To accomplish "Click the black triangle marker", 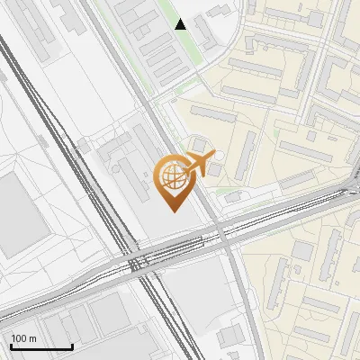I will point(181,23).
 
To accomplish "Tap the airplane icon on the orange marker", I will point(195,165).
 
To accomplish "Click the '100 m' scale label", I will point(24,338).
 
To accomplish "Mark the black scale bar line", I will point(41,346).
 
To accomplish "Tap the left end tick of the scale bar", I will point(12,346).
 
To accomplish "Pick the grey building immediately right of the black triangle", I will point(204,32).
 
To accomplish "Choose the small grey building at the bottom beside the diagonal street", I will point(230,335).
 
